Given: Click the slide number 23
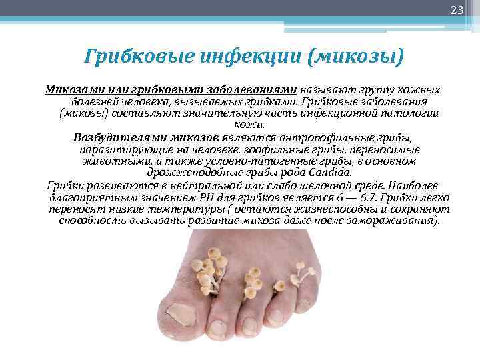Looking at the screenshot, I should click(457, 9).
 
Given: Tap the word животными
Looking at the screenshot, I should click(110, 161).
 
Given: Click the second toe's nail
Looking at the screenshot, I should click(219, 327).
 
